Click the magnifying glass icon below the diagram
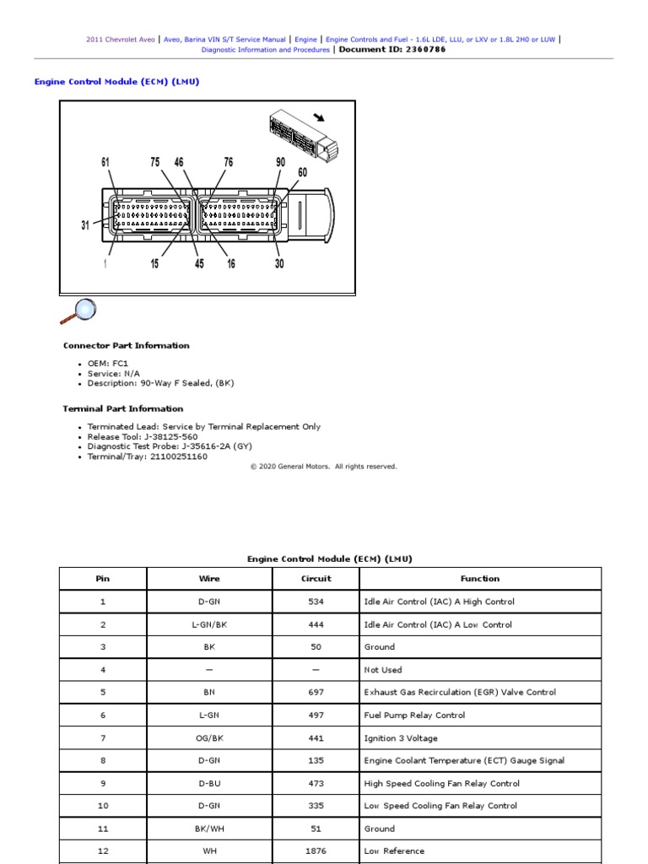[78, 311]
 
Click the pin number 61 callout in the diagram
[105, 163]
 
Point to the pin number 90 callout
[280, 163]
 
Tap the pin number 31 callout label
[85, 225]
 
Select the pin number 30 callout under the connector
[279, 264]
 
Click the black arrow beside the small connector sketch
[319, 118]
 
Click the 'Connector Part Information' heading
[127, 346]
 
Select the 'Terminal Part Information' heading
[123, 409]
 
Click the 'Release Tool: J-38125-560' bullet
[143, 437]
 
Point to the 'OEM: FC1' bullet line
[108, 364]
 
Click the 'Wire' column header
[209, 579]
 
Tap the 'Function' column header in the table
[479, 579]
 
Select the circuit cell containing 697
[316, 693]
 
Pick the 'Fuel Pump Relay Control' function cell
[414, 715]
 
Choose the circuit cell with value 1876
[316, 851]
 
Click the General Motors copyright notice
[323, 467]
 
